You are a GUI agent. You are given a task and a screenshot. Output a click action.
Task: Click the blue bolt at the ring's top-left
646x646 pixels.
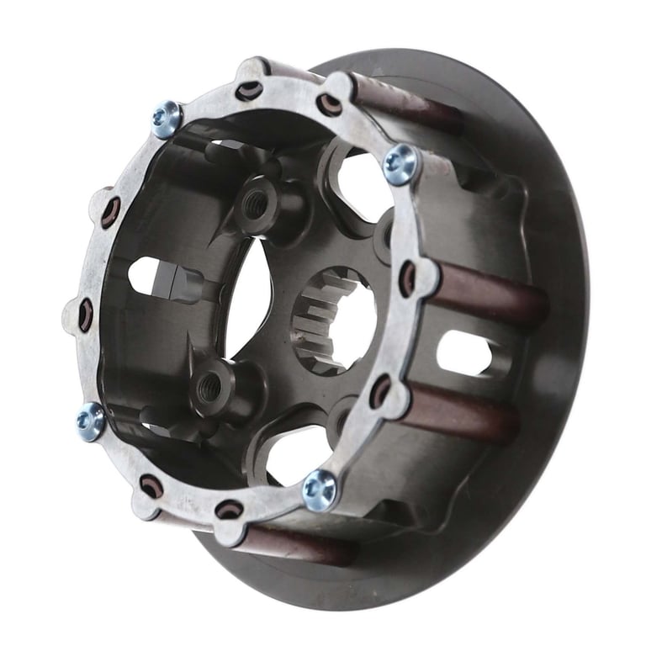[x=167, y=119]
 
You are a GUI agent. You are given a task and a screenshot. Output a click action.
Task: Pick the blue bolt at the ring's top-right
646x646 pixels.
[x=400, y=163]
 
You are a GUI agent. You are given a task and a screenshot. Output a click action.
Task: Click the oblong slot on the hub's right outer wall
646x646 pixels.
[x=463, y=352]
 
